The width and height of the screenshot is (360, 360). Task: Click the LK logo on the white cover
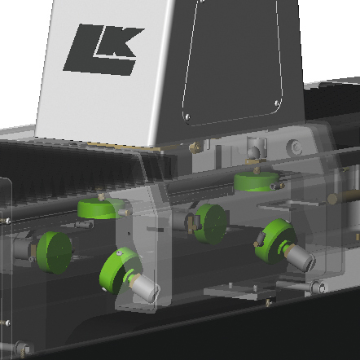click(104, 50)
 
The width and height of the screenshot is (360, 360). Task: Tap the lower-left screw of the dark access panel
click(187, 117)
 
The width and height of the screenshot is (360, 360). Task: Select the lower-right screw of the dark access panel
click(277, 103)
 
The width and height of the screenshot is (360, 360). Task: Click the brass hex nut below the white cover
click(195, 147)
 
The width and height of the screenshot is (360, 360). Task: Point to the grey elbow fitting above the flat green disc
click(257, 150)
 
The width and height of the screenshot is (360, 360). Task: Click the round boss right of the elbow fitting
click(296, 147)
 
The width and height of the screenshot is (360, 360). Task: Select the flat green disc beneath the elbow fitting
click(257, 182)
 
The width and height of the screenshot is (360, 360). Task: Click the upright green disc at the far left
click(55, 252)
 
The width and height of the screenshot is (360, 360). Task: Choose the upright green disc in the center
click(211, 224)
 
